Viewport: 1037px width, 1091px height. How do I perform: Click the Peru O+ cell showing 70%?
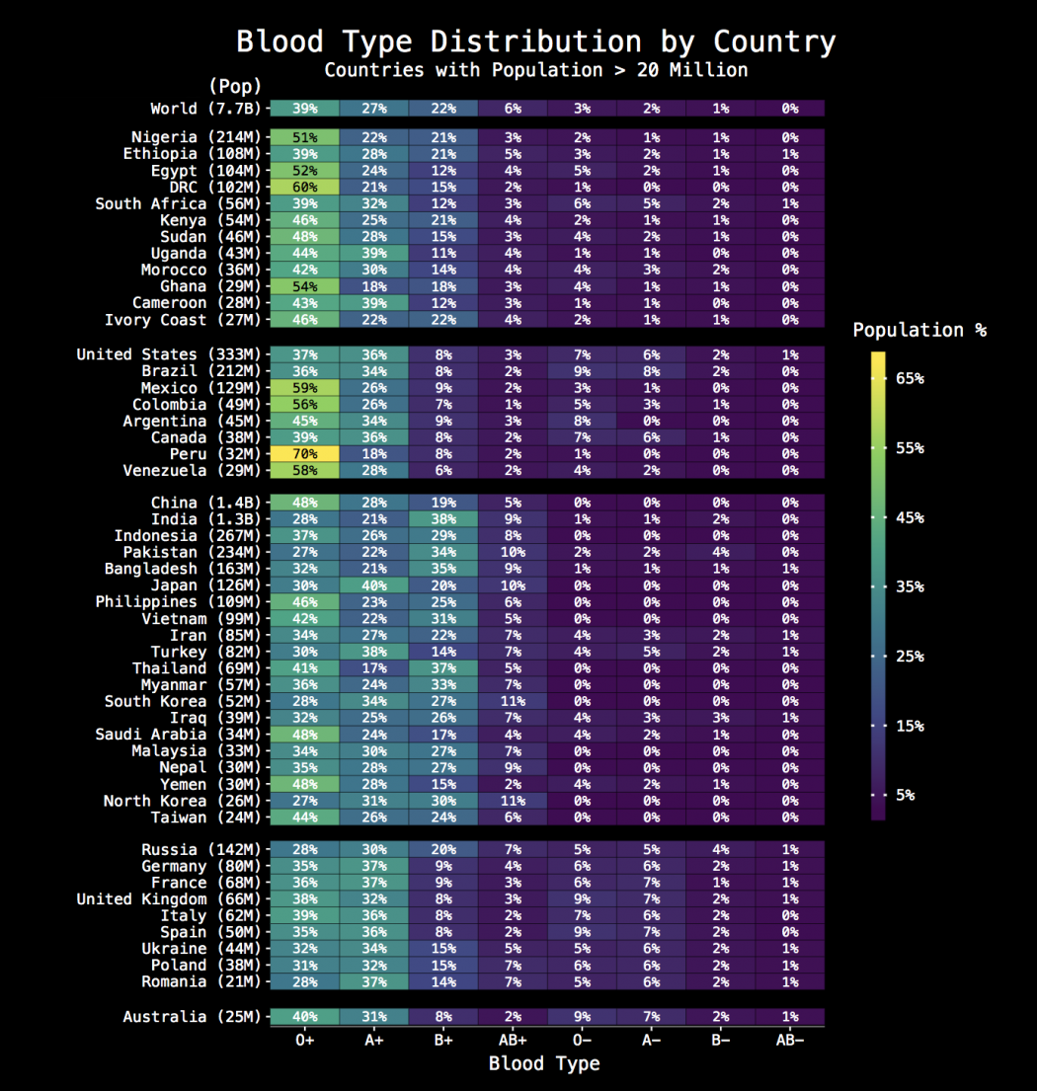point(304,454)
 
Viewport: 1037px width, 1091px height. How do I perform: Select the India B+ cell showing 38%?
point(442,519)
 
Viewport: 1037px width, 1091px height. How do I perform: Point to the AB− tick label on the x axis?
point(789,1039)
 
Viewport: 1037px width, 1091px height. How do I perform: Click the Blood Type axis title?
point(544,1063)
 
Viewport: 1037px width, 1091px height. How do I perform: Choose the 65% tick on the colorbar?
point(910,379)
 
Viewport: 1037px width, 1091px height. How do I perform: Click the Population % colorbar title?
point(918,331)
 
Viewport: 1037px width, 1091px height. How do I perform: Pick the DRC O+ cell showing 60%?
point(304,188)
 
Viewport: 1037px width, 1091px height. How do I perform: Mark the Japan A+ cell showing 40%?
point(373,585)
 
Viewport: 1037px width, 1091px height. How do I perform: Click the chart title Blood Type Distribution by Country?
point(535,42)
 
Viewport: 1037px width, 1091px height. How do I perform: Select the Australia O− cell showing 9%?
point(582,1017)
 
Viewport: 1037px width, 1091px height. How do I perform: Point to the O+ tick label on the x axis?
point(304,1039)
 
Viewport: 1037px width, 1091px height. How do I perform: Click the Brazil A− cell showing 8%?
point(651,371)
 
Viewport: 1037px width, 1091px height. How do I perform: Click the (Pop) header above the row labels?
point(234,87)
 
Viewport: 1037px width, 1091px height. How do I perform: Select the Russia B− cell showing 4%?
point(720,849)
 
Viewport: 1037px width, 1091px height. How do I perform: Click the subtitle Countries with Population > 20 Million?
point(535,70)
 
